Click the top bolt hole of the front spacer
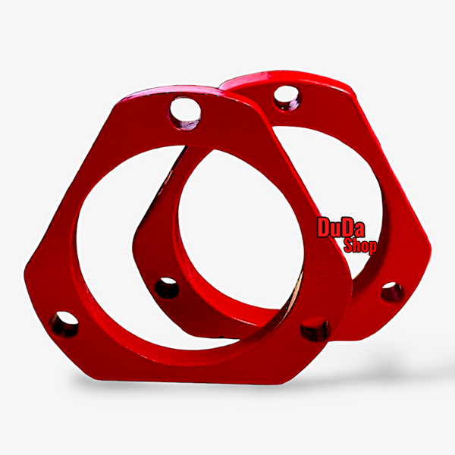tap(185, 113)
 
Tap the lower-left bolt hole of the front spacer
tap(64, 324)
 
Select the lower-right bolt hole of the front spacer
tap(315, 329)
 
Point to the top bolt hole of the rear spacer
tap(287, 98)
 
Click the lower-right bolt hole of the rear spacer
tap(392, 293)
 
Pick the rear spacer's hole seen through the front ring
tap(167, 288)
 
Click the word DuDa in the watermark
tap(341, 227)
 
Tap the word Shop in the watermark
tap(360, 246)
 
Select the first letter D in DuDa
tap(323, 227)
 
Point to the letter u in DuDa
tap(335, 230)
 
